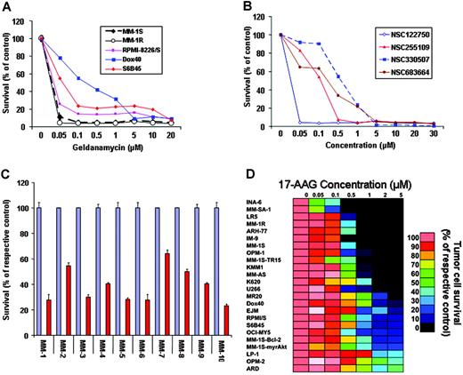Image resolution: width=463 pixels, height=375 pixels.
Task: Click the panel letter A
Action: point(7,8)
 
